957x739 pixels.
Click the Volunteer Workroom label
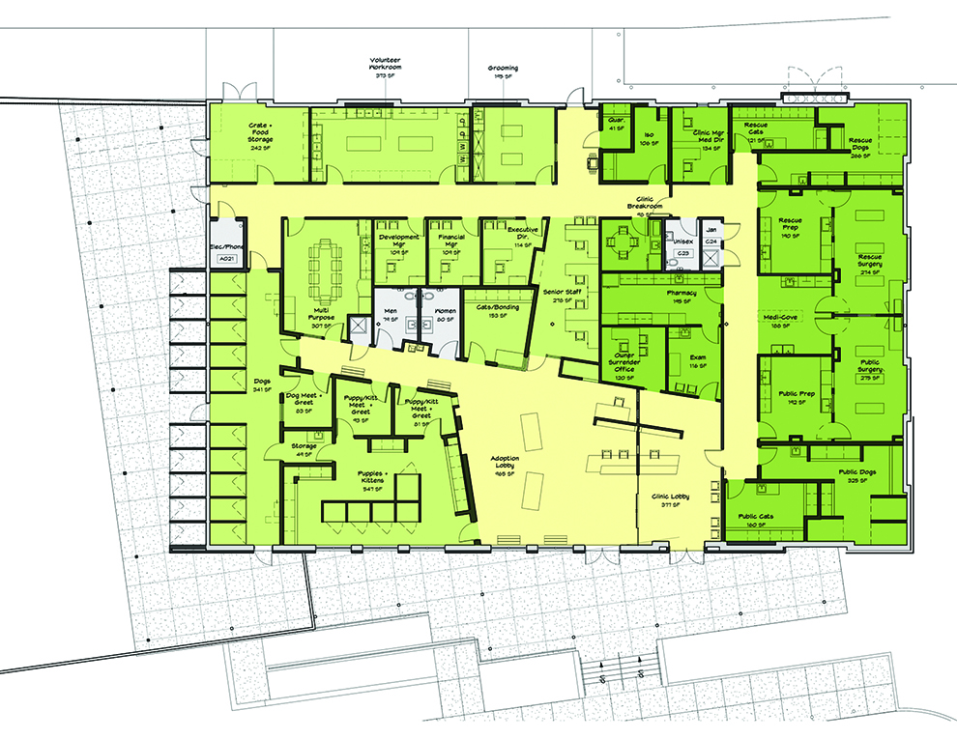pyautogui.click(x=386, y=64)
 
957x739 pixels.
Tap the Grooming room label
pyautogui.click(x=503, y=69)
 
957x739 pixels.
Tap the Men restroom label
pyautogui.click(x=391, y=311)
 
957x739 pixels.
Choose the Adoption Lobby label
pyautogui.click(x=507, y=465)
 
